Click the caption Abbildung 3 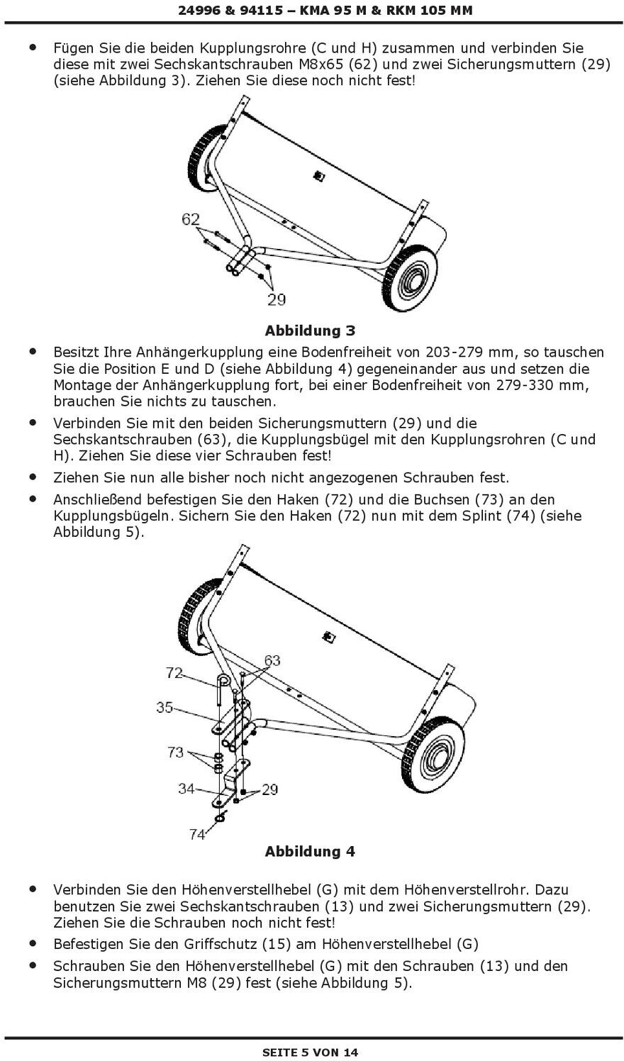point(310,330)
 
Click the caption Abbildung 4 point(310,851)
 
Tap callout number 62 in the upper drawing point(191,219)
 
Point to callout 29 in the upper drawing point(277,299)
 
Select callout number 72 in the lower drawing point(174,672)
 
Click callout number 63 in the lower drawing point(272,660)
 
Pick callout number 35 point(165,707)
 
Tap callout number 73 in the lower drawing point(175,752)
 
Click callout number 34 point(186,788)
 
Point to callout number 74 point(197,835)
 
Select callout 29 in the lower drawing point(270,789)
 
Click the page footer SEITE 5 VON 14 point(311,1052)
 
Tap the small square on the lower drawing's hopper point(328,636)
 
